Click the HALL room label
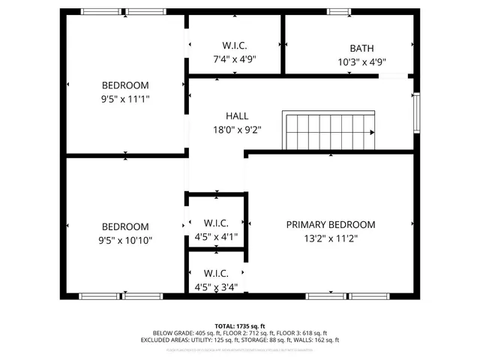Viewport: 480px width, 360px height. pyautogui.click(x=237, y=116)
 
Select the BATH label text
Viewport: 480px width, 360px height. pyautogui.click(x=362, y=48)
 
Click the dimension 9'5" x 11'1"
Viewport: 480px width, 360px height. pyautogui.click(x=126, y=98)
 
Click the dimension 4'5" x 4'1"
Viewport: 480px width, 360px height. pyautogui.click(x=216, y=237)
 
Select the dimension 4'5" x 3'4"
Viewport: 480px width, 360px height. pyautogui.click(x=216, y=286)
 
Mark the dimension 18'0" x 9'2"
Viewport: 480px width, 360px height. pyautogui.click(x=237, y=129)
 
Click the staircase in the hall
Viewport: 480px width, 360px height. pyautogui.click(x=327, y=131)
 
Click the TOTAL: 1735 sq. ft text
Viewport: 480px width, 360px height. pyautogui.click(x=239, y=325)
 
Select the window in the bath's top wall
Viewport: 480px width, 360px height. pyautogui.click(x=339, y=12)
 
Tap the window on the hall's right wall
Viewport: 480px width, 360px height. pyautogui.click(x=416, y=112)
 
